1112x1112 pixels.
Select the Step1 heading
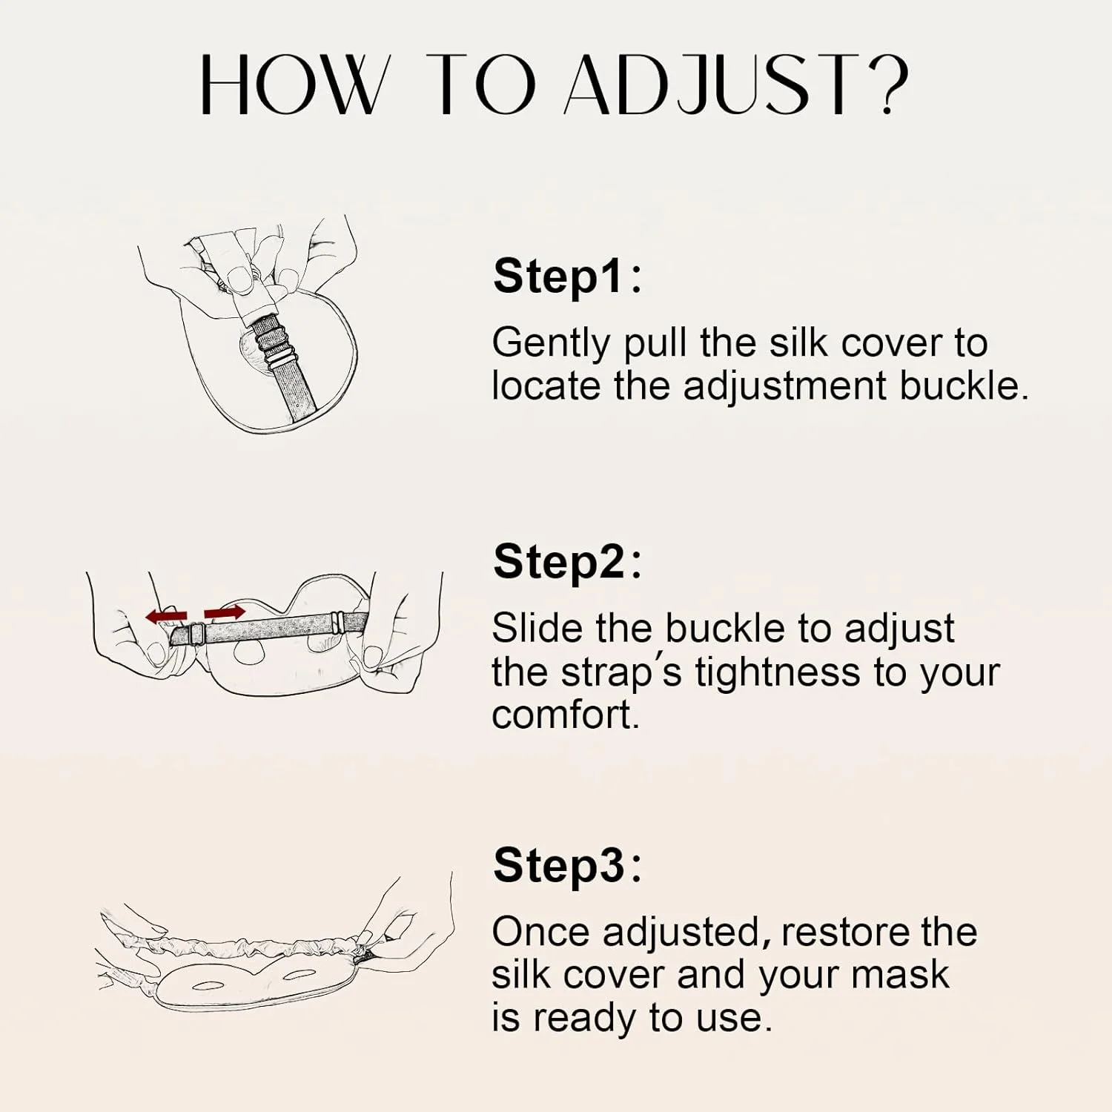[567, 277]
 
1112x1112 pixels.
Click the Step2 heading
[567, 561]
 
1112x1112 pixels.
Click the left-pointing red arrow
[166, 615]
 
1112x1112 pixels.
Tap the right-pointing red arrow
[225, 612]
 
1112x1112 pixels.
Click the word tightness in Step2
[777, 672]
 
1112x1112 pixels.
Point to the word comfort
[565, 715]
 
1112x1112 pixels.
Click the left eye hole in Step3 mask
[208, 985]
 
